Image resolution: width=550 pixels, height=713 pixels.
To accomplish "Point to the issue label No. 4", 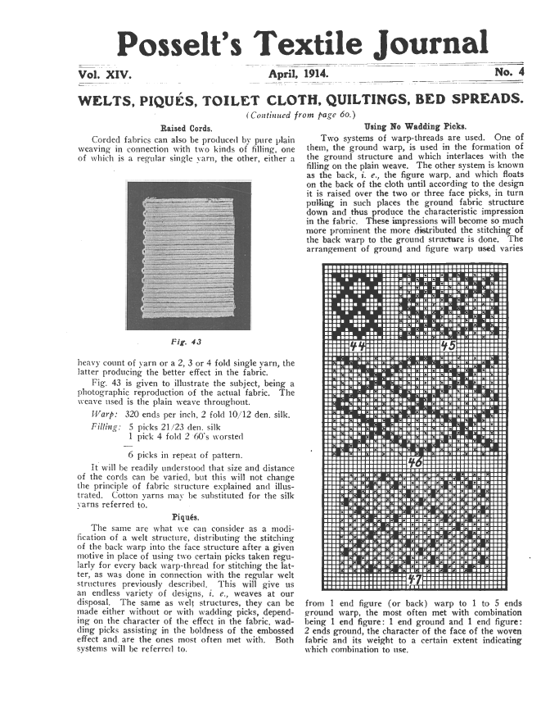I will pyautogui.click(x=509, y=75).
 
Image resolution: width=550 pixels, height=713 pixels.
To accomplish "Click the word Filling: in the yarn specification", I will pyautogui.click(x=106, y=428).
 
